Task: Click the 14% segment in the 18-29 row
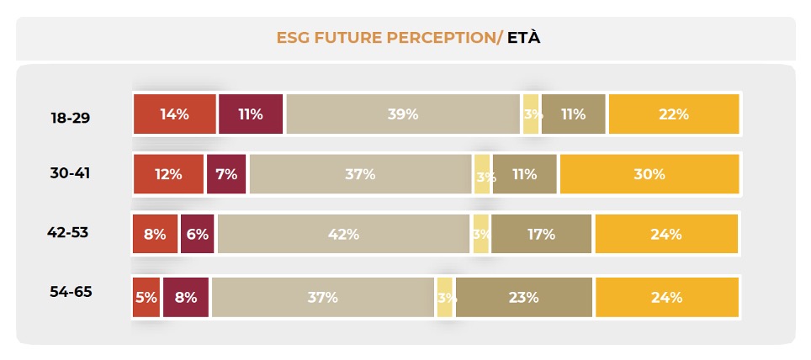[x=174, y=114]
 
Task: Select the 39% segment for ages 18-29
[x=403, y=114]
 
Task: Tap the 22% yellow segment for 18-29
[x=673, y=114]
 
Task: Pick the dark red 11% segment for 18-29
[x=250, y=114]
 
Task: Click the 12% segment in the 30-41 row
[x=168, y=174]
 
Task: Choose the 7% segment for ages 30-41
[x=226, y=174]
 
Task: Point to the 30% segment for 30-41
[x=649, y=174]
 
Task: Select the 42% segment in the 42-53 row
[x=343, y=235]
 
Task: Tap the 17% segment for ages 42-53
[x=542, y=235]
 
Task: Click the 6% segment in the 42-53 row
[x=197, y=235]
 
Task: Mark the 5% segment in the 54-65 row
[x=145, y=297]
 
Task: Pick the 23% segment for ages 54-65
[x=523, y=297]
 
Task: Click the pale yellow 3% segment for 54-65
[x=445, y=297]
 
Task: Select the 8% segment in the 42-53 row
[x=155, y=235]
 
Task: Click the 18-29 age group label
[x=70, y=118]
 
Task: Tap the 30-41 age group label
[x=70, y=173]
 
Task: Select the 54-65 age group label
[x=70, y=293]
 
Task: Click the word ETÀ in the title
[x=523, y=38]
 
